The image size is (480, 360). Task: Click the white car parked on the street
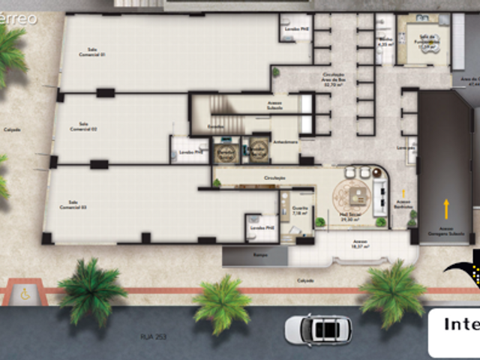pos(317,328)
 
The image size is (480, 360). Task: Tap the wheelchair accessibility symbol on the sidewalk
pos(25,294)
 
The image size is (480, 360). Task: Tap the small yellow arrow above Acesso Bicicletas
pos(403,193)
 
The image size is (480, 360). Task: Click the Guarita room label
pos(299,212)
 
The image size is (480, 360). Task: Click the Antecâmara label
pos(286,141)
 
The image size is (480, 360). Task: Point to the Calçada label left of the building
pos(11,129)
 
